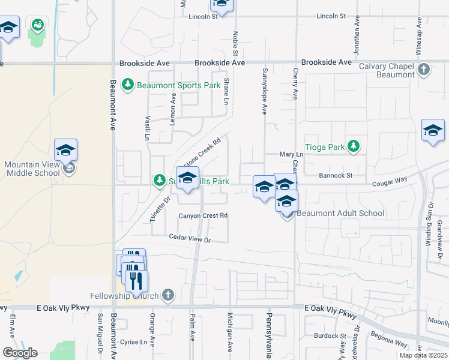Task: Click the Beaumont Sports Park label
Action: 178,85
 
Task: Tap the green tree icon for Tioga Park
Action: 354,145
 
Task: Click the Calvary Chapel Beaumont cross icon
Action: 424,69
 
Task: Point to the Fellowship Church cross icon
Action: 167,295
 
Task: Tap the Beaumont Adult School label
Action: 341,213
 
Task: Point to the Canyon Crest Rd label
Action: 203,215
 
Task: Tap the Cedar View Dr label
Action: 190,239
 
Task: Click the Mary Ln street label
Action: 292,154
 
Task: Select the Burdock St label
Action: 331,336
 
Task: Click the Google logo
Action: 20,353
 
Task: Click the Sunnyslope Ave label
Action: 264,92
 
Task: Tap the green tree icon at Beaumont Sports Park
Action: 127,85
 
